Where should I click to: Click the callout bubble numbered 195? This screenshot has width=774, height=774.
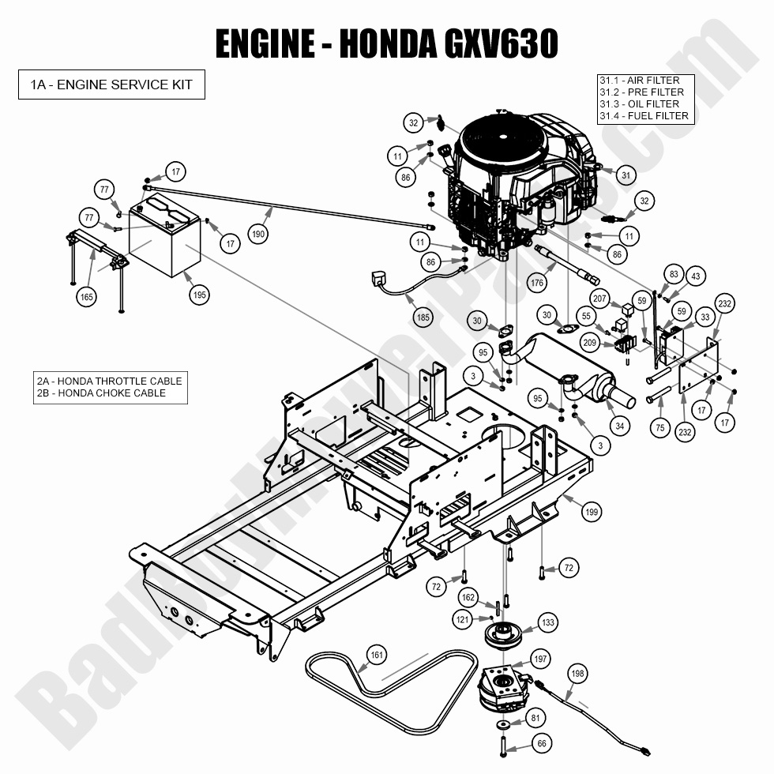click(199, 295)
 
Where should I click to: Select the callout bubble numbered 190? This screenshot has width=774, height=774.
click(257, 234)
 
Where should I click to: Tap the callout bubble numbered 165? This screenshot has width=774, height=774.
click(87, 297)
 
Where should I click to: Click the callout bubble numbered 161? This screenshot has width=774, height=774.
click(377, 654)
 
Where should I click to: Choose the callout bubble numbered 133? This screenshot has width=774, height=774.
click(547, 622)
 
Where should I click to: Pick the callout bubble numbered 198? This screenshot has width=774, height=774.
click(577, 673)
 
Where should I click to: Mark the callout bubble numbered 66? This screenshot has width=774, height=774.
click(540, 743)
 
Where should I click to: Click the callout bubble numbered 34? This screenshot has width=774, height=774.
click(620, 426)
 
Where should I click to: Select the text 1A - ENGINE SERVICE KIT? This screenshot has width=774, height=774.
click(111, 85)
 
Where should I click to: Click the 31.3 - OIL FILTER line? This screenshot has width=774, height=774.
click(639, 104)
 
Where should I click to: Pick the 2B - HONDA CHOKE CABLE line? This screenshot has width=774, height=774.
click(101, 393)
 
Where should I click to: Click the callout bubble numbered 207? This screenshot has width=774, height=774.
click(600, 299)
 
